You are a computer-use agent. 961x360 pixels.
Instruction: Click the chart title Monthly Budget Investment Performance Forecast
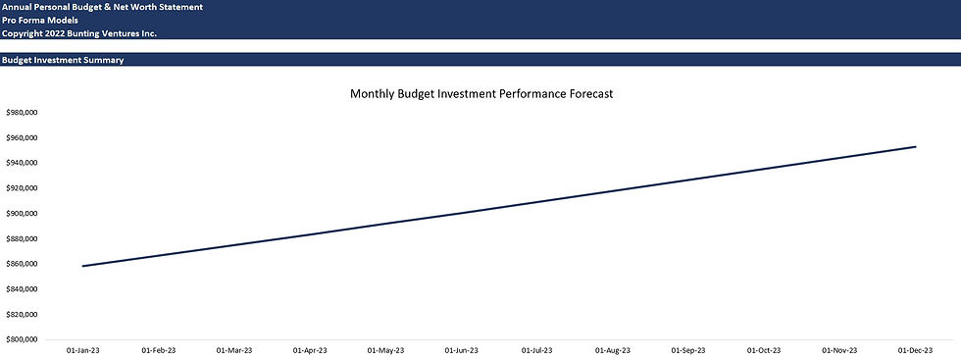tap(481, 94)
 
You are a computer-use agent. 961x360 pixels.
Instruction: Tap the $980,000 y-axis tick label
tap(22, 112)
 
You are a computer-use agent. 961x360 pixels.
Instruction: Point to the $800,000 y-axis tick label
tap(22, 339)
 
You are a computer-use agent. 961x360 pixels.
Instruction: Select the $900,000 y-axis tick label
tap(22, 213)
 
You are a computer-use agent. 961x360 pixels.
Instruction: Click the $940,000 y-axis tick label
tap(22, 163)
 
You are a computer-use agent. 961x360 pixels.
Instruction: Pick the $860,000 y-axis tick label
tap(22, 264)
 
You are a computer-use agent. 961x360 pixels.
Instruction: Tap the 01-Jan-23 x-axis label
tap(82, 349)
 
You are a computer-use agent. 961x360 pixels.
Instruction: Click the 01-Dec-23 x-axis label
tap(916, 349)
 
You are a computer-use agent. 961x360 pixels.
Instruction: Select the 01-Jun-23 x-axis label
tap(461, 349)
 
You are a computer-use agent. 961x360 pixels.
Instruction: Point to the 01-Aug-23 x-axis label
tap(613, 349)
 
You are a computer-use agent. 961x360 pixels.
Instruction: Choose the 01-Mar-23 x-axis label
tap(234, 349)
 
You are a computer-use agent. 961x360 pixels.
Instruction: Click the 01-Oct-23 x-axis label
tap(764, 349)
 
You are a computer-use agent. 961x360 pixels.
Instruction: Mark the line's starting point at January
tap(82, 266)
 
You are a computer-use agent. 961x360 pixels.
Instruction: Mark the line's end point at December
tap(915, 147)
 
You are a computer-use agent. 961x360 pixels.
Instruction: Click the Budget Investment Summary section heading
tap(63, 61)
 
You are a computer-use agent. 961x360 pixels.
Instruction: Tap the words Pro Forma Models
tap(41, 20)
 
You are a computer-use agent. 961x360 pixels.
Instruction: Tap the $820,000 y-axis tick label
tap(22, 315)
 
